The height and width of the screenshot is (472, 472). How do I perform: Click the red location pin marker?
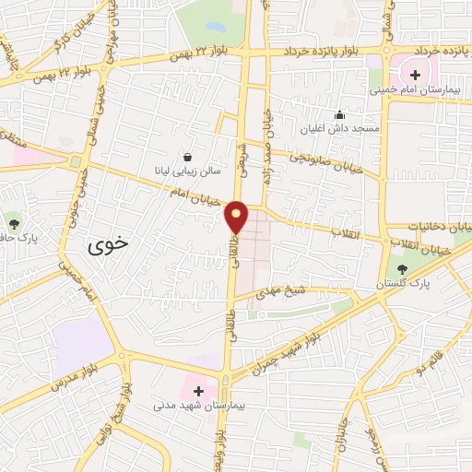[237, 217]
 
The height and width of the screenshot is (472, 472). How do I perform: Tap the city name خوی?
[109, 246]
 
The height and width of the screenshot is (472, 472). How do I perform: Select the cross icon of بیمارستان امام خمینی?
[414, 74]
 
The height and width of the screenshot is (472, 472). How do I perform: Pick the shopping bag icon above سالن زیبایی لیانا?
[188, 158]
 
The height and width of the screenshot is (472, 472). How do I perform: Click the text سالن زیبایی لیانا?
[187, 172]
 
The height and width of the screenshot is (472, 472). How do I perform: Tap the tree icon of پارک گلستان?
[402, 270]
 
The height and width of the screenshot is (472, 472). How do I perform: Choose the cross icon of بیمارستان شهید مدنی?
[198, 390]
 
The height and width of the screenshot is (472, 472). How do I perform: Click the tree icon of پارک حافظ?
[13, 222]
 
